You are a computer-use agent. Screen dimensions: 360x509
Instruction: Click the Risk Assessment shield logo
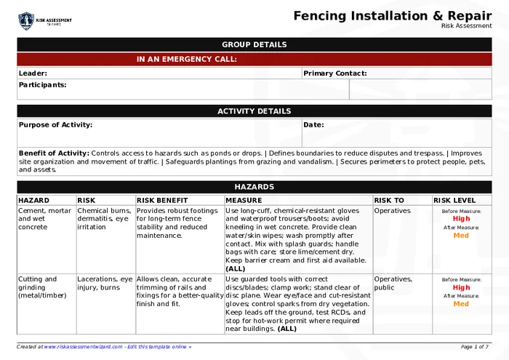(26, 20)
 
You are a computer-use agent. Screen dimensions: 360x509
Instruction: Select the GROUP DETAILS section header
(254, 44)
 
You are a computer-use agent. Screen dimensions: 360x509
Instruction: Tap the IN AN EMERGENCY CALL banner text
(187, 60)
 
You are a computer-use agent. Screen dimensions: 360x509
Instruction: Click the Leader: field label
(33, 73)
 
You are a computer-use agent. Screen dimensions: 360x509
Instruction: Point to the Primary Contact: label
(334, 73)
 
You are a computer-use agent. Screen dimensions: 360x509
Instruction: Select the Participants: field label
(42, 85)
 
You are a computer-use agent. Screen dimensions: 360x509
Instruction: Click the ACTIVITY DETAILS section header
(254, 111)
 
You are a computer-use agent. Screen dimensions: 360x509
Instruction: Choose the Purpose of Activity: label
(55, 125)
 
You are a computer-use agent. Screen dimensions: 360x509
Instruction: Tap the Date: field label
(313, 125)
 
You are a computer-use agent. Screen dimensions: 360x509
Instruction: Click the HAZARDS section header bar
(254, 187)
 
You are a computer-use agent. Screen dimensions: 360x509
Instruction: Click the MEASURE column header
(243, 200)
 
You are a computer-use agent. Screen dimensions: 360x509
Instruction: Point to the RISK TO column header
(389, 200)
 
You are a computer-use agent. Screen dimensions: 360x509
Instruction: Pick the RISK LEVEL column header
(454, 200)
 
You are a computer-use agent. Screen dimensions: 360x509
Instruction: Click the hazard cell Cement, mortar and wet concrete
(44, 219)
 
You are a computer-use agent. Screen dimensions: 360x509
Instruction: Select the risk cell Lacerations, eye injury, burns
(105, 283)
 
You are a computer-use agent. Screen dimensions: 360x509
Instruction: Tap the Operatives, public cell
(393, 283)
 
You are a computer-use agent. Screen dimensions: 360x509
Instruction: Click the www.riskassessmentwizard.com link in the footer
(83, 347)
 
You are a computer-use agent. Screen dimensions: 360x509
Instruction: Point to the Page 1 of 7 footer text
(475, 347)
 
